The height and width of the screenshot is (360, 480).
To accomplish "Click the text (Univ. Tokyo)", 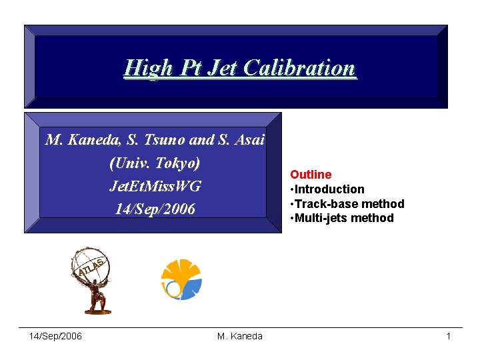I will pyautogui.click(x=155, y=163).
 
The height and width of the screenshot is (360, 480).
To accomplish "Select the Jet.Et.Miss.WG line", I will pyautogui.click(x=155, y=186).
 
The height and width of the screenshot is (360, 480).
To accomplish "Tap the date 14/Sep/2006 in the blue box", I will pyautogui.click(x=155, y=209).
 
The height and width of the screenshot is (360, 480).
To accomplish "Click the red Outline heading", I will pyautogui.click(x=310, y=175).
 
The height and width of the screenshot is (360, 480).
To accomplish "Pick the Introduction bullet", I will pyautogui.click(x=327, y=189).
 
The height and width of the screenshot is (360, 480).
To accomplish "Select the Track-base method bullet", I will pyautogui.click(x=347, y=203).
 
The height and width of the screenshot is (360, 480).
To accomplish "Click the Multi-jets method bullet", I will pyautogui.click(x=341, y=218).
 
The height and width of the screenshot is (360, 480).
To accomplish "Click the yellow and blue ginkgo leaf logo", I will pyautogui.click(x=181, y=279).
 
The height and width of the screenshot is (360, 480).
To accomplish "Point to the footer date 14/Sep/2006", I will pyautogui.click(x=56, y=336).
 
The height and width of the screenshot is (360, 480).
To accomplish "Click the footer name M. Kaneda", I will pyautogui.click(x=240, y=336).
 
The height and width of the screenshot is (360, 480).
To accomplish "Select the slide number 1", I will pyautogui.click(x=449, y=336).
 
